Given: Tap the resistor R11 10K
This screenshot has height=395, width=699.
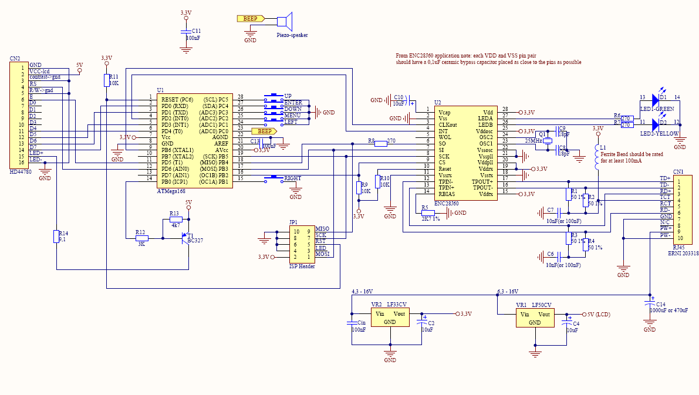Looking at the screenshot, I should pyautogui.click(x=106, y=80).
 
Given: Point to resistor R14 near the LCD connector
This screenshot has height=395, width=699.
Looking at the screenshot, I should pyautogui.click(x=56, y=237).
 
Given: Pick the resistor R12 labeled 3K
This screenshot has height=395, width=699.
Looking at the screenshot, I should pyautogui.click(x=141, y=238).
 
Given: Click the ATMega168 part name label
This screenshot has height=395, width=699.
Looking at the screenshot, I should pyautogui.click(x=171, y=191).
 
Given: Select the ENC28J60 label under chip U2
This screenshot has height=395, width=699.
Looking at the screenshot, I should pyautogui.click(x=446, y=203).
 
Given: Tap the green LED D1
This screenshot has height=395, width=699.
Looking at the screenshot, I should pyautogui.click(x=655, y=100).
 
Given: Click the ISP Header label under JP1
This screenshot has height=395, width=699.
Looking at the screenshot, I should pyautogui.click(x=302, y=266).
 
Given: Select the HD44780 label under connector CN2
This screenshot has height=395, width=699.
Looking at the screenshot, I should pyautogui.click(x=22, y=171).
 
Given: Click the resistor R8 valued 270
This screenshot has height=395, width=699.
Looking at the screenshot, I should pyautogui.click(x=380, y=143).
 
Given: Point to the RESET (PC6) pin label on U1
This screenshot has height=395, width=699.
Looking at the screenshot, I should pyautogui.click(x=178, y=100).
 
